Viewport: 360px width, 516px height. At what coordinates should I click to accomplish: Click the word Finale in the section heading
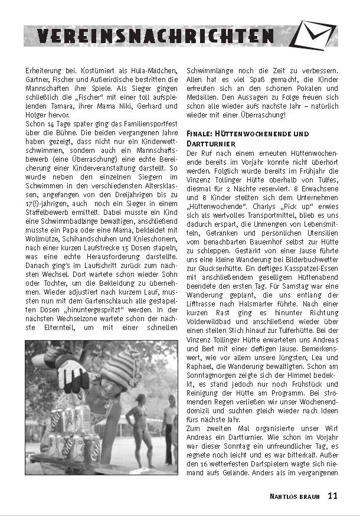click(x=201, y=134)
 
